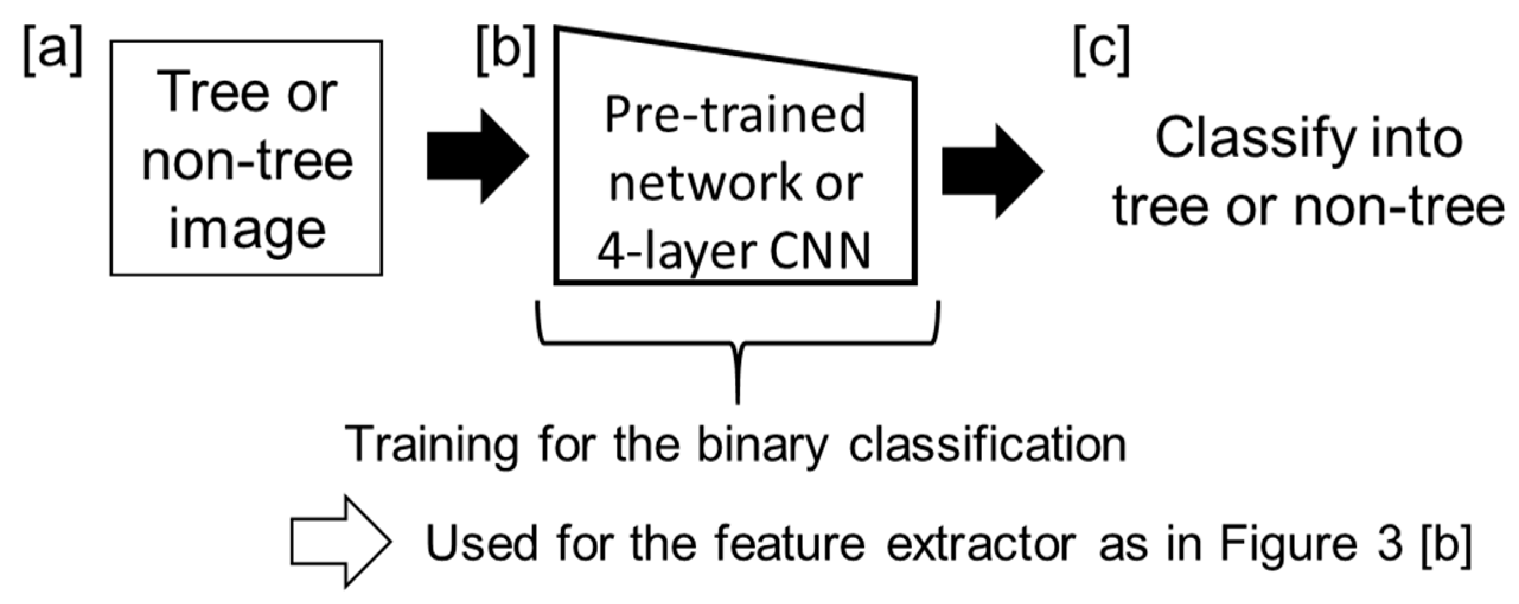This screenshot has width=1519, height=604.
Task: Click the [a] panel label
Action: [52, 53]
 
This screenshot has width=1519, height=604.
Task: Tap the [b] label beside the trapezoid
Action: [506, 53]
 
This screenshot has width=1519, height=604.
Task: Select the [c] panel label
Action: [1102, 53]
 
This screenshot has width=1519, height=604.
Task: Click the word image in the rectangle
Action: [247, 230]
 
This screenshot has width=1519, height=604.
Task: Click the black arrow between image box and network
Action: [477, 156]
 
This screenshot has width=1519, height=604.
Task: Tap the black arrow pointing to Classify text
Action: [992, 171]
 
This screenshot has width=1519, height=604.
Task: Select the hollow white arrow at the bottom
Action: [340, 542]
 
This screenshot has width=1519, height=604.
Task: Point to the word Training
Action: [431, 444]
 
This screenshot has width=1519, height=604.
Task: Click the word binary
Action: [761, 444]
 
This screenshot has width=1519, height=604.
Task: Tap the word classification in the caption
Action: [987, 444]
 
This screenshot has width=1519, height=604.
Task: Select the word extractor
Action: [981, 543]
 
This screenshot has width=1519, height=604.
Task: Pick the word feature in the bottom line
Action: [789, 543]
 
